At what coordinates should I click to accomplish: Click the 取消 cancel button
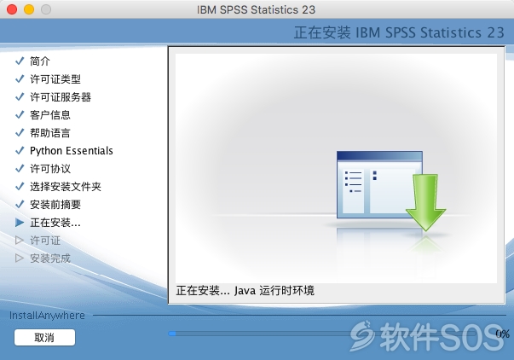point(44,337)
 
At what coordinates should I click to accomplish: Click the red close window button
point(12,9)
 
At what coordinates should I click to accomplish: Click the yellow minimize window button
point(29,9)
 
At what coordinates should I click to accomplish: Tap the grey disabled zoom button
point(46,9)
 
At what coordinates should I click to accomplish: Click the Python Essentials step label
point(72,151)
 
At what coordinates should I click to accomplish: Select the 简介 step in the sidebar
point(40,61)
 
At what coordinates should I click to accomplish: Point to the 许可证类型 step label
point(55,79)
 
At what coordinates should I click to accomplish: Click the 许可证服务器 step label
point(61,97)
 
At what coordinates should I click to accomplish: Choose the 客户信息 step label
point(50,115)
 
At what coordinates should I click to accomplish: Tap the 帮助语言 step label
point(50,133)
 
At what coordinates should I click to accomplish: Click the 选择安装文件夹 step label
point(66,187)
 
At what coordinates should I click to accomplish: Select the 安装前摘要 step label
point(55,205)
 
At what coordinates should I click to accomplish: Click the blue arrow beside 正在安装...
point(20,223)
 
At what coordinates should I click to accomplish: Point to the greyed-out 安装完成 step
point(50,258)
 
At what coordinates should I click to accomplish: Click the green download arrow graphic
point(425,202)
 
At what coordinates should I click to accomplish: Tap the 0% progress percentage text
point(502,334)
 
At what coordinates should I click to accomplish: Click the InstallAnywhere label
point(47,316)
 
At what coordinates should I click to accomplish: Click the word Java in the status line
point(245,290)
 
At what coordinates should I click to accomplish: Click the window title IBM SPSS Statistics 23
point(256,9)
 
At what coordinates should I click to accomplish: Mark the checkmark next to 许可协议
point(20,168)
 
